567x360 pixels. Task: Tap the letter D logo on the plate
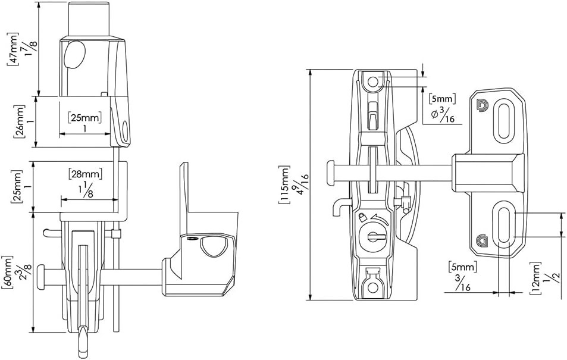click(482, 105)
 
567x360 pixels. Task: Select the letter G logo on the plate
click(481, 241)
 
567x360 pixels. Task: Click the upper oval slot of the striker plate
click(504, 122)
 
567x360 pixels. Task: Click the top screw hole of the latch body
click(373, 81)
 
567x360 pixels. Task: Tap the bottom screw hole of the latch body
click(372, 287)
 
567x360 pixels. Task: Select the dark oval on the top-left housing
click(74, 55)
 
